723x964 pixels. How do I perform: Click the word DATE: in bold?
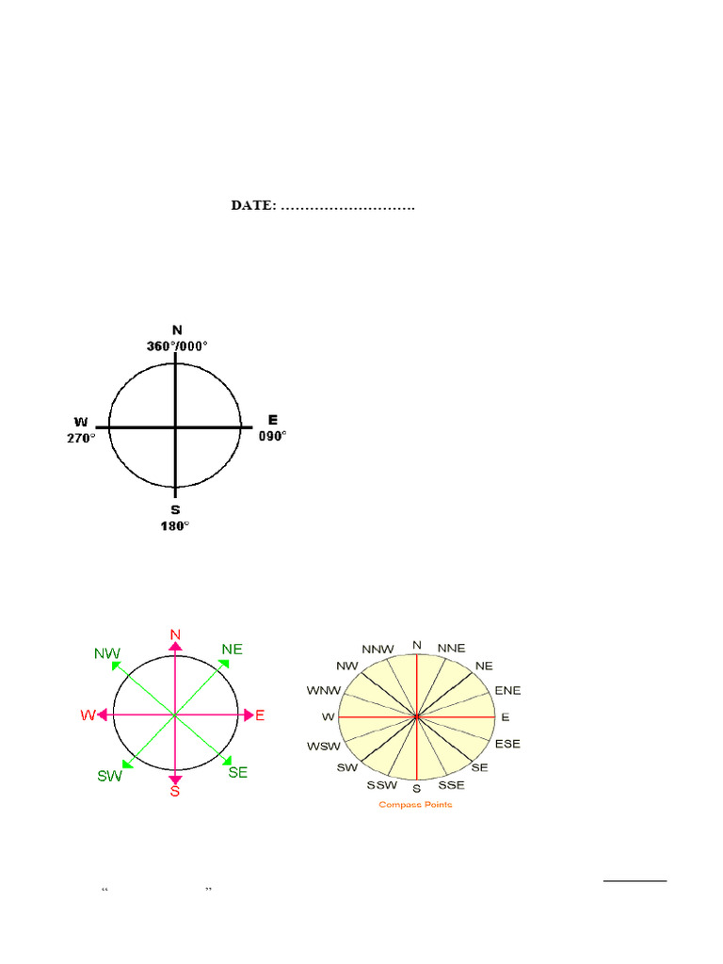click(x=253, y=205)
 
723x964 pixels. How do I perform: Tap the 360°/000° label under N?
click(x=177, y=345)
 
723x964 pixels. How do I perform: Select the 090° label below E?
click(x=272, y=436)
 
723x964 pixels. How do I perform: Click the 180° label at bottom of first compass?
click(x=175, y=525)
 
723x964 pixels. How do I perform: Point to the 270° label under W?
click(x=81, y=438)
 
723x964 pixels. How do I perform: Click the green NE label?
click(x=233, y=649)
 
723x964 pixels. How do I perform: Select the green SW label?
click(x=110, y=777)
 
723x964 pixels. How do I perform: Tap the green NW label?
click(x=107, y=652)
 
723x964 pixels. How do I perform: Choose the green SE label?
click(x=238, y=772)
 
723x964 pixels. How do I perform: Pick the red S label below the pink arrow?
click(x=175, y=792)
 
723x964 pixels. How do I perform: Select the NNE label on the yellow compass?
click(x=452, y=649)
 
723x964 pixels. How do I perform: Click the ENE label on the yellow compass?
click(x=507, y=690)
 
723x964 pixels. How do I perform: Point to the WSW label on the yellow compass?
click(x=321, y=747)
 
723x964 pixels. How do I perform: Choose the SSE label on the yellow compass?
click(x=452, y=785)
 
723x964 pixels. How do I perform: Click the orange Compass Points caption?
click(x=415, y=804)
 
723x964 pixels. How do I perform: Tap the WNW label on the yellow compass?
click(x=321, y=690)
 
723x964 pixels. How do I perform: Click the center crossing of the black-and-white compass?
click(x=175, y=427)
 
